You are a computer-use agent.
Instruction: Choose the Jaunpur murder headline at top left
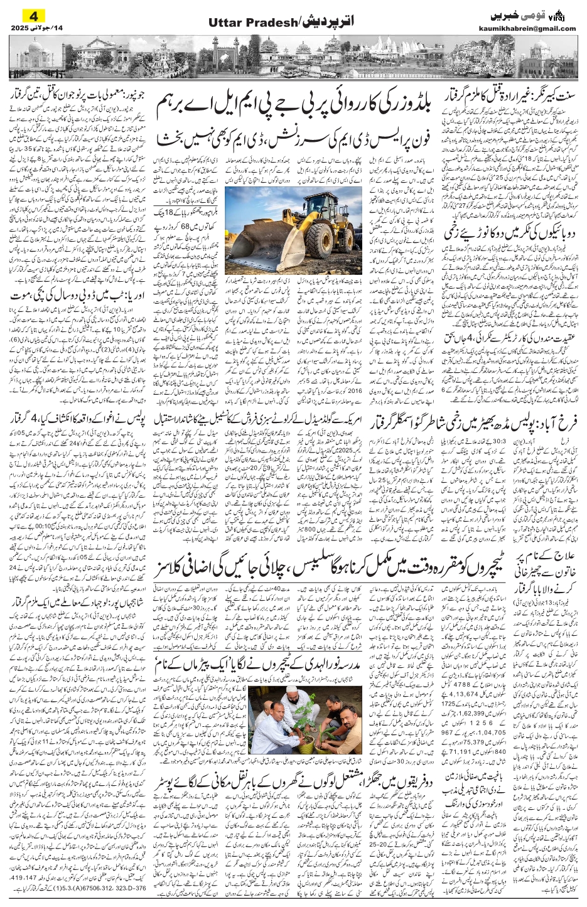(x=71, y=95)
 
